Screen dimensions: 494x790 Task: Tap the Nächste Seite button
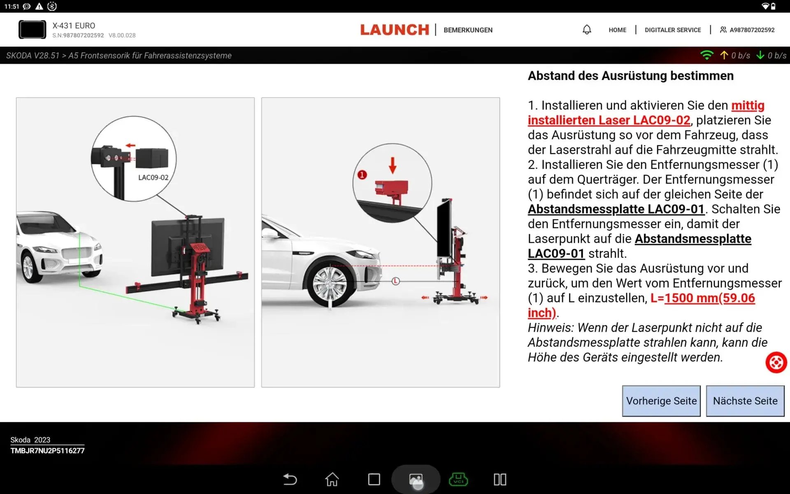click(x=745, y=401)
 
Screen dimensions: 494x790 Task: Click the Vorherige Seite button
click(x=661, y=401)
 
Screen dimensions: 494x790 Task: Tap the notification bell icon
click(x=587, y=30)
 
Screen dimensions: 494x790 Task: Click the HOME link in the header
click(x=617, y=30)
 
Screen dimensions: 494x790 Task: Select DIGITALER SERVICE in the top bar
click(x=672, y=30)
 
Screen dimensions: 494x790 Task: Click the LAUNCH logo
click(x=395, y=30)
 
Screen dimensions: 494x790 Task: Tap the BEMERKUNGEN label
click(x=468, y=30)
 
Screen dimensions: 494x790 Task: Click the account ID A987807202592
click(x=752, y=30)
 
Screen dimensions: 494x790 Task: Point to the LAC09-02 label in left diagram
click(x=153, y=177)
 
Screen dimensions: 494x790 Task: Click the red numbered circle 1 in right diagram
click(x=362, y=175)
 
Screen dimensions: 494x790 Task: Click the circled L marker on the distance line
click(x=395, y=281)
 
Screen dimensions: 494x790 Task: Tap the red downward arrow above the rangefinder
click(x=393, y=165)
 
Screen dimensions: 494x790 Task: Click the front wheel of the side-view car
click(x=330, y=284)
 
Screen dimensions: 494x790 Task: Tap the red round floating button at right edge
click(x=776, y=363)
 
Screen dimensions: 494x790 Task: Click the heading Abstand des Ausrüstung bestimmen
click(x=630, y=76)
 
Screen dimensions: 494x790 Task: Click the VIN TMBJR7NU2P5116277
click(x=47, y=451)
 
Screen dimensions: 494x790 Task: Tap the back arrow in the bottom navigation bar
click(x=290, y=479)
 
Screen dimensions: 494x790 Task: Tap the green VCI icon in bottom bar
click(x=458, y=479)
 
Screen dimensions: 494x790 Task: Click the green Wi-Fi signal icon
click(x=706, y=55)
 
